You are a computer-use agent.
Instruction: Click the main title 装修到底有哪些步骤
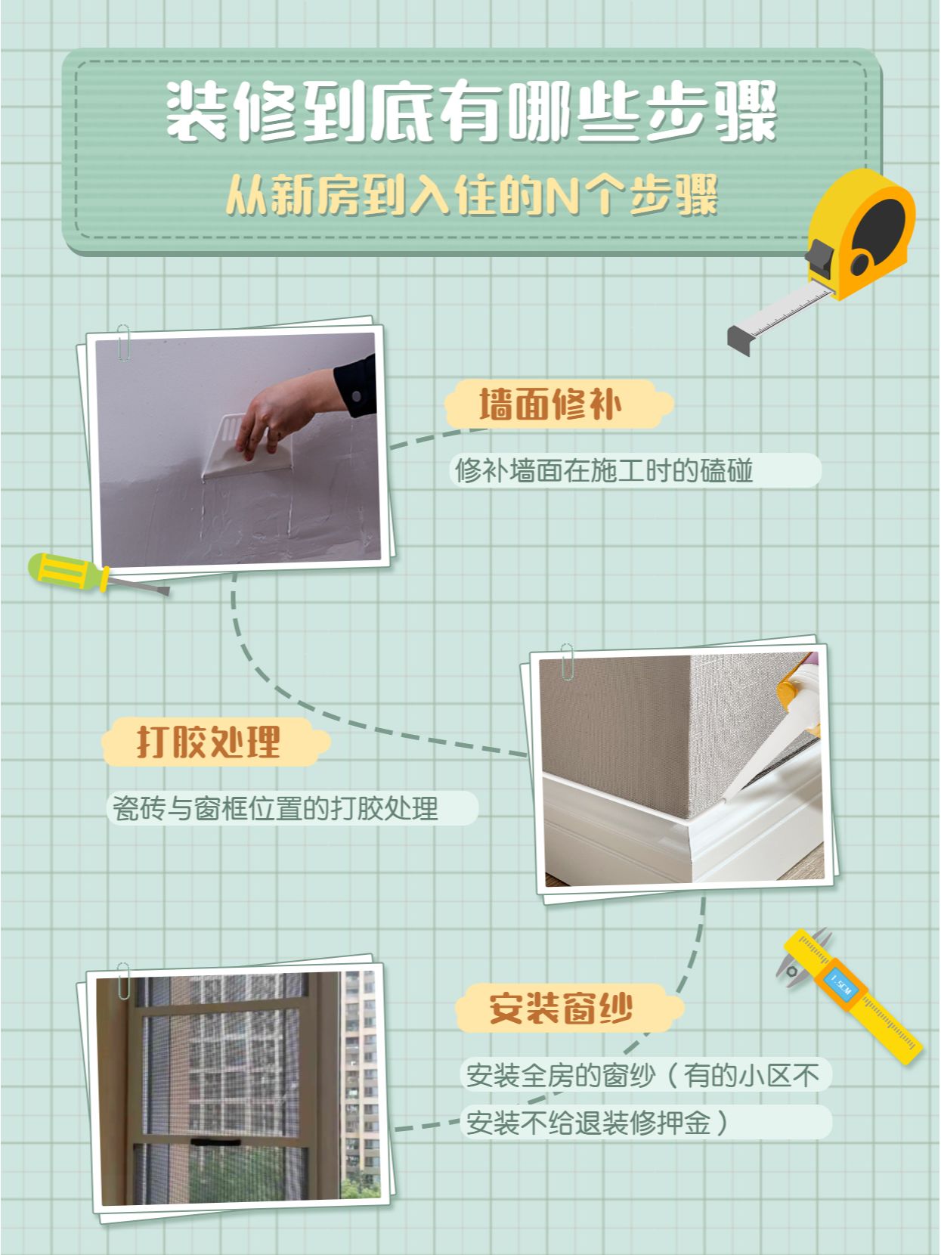tap(472, 111)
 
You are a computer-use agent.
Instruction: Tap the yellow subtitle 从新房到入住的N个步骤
tap(472, 195)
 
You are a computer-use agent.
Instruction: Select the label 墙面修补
tap(550, 404)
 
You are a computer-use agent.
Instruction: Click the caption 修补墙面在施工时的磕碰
tap(604, 470)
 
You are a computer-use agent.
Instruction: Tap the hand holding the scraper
tap(286, 412)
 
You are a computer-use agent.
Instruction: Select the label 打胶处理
tap(209, 742)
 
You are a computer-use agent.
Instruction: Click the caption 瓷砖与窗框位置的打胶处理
tap(275, 808)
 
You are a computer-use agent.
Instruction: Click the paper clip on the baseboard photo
tap(567, 662)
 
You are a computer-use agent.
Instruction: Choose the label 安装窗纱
tap(561, 1009)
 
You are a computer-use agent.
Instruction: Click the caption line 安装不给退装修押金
tap(588, 1123)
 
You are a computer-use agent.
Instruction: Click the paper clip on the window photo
tap(123, 981)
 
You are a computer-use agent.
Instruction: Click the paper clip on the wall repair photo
tap(123, 343)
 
